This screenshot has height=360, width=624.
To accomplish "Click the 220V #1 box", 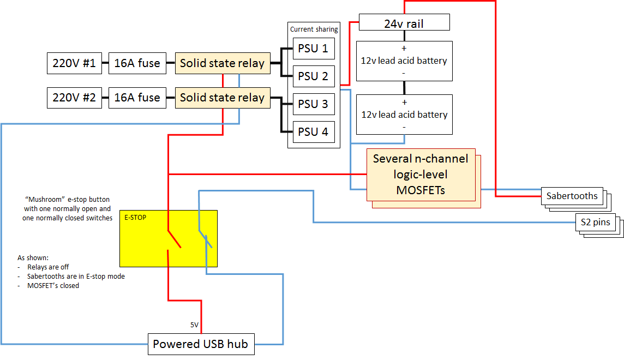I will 74,63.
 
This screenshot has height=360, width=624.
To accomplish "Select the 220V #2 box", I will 74,98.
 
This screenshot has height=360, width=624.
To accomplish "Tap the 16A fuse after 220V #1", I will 137,63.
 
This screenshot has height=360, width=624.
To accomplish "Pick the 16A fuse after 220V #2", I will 137,98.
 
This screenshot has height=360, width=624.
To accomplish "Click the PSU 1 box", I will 313,49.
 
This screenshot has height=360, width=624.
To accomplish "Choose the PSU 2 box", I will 313,76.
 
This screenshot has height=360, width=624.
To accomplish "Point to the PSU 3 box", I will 313,104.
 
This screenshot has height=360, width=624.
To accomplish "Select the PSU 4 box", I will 313,131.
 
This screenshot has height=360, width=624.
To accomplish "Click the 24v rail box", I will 404,23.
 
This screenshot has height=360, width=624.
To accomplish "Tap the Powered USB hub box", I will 200,344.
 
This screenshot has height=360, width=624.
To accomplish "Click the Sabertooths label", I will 572,196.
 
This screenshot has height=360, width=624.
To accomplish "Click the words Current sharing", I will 314,29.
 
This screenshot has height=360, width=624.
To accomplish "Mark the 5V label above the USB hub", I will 194,325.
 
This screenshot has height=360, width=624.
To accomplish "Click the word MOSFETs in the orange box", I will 421,190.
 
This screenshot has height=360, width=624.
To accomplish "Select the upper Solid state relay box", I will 222,63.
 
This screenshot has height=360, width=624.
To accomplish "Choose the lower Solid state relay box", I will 222,98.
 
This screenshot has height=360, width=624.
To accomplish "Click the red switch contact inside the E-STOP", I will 175,239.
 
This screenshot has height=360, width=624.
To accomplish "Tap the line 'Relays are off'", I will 48,267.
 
